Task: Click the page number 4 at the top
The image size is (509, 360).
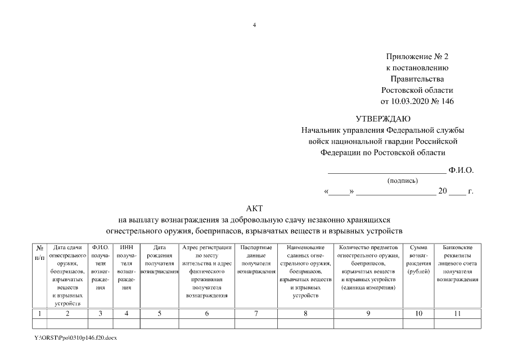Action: tap(254, 25)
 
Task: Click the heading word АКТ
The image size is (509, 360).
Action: tap(254, 209)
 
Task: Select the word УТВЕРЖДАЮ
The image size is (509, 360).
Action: tap(383, 119)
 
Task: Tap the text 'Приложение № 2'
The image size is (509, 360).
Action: tap(417, 57)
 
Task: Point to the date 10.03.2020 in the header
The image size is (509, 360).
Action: tap(409, 101)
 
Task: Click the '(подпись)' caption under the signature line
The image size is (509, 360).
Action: tap(402, 181)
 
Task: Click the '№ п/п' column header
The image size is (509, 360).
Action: tap(40, 251)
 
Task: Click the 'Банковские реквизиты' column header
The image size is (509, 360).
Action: tap(457, 263)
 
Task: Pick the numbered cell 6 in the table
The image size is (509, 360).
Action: tap(207, 314)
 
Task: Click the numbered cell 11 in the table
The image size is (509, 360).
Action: tap(457, 314)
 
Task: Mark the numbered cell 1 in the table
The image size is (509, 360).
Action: tap(40, 314)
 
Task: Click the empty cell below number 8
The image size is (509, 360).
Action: tap(305, 324)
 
